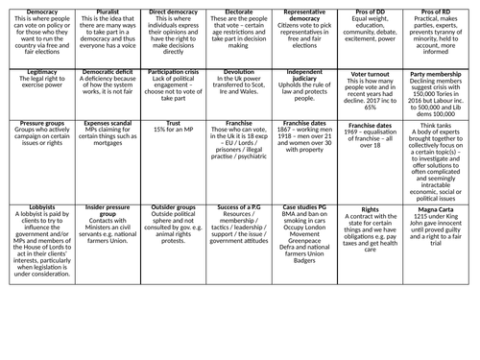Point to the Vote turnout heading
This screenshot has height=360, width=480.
coord(370,72)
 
